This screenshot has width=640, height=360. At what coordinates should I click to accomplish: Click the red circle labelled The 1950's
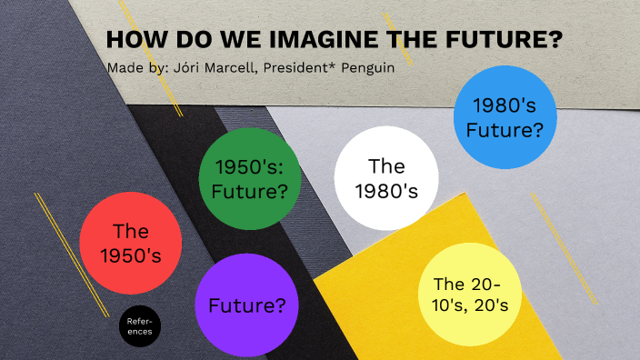click(130, 244)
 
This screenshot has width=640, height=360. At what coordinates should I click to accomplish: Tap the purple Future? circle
click(247, 305)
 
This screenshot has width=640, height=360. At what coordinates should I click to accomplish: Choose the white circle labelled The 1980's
click(385, 178)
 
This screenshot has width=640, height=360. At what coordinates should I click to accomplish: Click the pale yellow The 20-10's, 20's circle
click(469, 295)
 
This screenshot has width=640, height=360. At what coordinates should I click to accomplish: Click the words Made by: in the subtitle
click(134, 68)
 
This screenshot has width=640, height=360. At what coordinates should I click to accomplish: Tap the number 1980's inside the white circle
click(385, 191)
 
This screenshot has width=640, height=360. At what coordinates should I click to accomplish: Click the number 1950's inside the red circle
click(130, 256)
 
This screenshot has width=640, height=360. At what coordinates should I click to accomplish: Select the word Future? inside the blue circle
click(505, 130)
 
